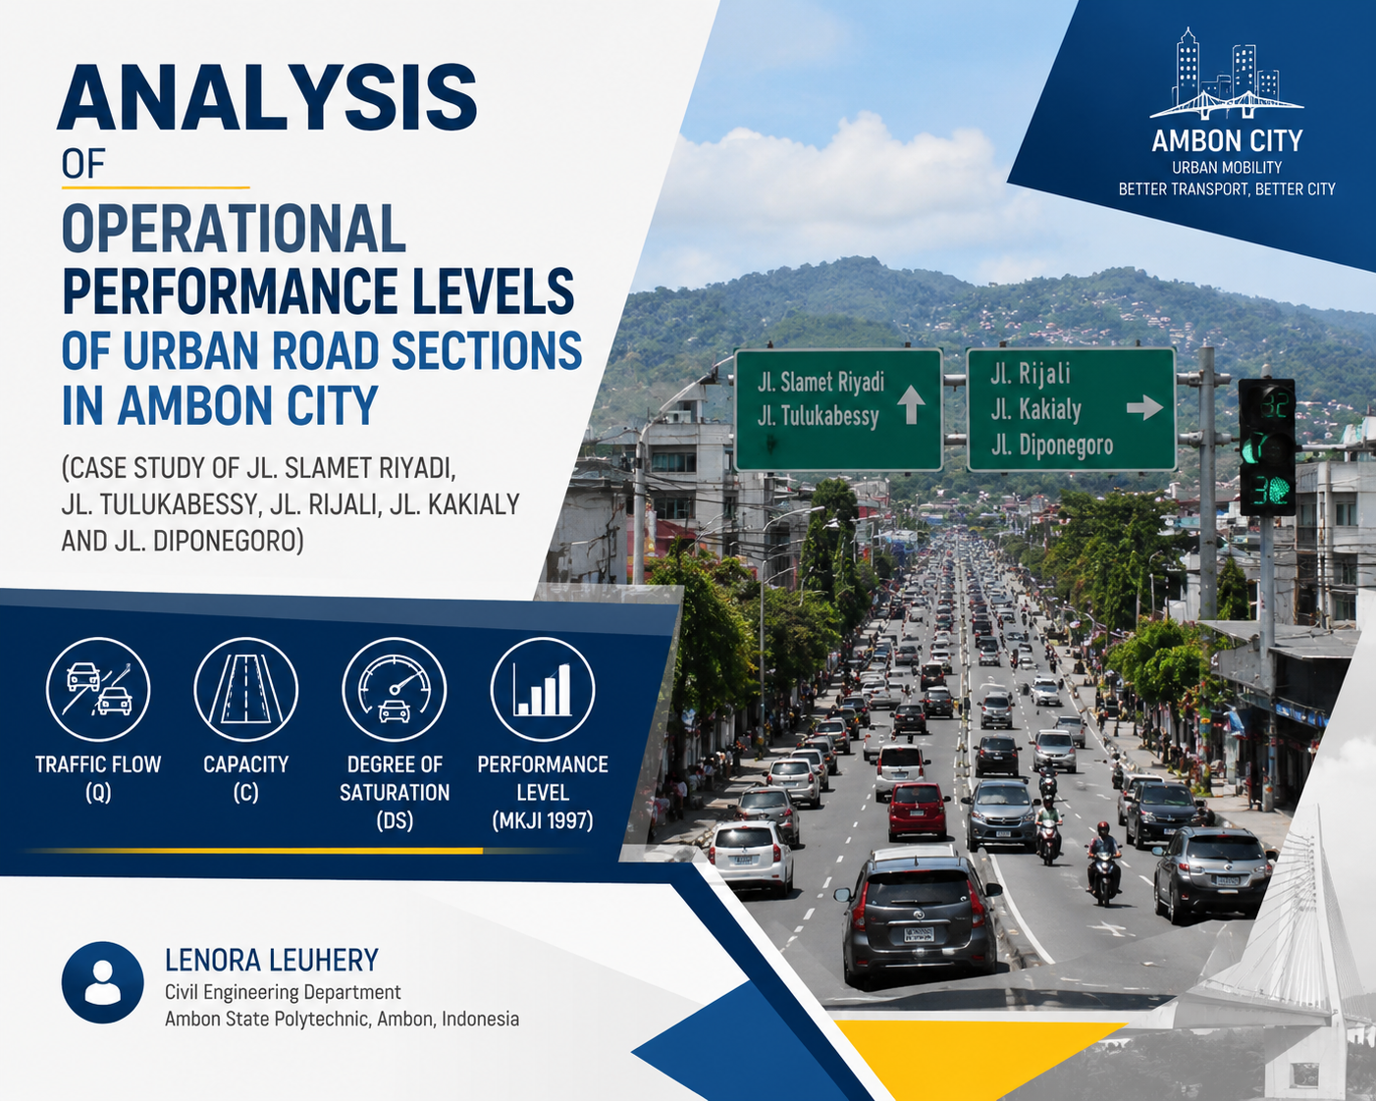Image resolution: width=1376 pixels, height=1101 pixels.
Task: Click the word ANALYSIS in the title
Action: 267,97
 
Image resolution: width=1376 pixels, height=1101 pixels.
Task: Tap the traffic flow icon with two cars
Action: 98,690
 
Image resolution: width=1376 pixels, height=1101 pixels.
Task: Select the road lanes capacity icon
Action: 245,690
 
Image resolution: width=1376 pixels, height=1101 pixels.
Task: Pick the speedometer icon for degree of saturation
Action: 394,690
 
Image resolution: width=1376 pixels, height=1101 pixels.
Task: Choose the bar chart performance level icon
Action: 542,690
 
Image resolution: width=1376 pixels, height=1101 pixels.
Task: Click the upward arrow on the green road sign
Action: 911,405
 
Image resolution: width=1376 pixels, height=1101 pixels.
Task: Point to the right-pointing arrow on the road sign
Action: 1144,407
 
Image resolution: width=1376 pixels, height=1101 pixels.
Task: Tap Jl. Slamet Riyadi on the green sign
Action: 820,382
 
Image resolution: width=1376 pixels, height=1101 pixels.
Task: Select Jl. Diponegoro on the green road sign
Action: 1052,446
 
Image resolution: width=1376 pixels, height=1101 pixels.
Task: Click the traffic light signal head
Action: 1267,446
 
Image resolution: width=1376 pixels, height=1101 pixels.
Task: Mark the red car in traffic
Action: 919,811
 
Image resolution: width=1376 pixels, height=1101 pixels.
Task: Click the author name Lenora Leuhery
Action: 272,961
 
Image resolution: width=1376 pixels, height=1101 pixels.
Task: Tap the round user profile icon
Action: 102,982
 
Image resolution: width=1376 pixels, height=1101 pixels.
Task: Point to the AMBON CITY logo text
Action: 1227,141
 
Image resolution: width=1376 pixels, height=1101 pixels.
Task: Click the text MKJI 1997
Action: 542,820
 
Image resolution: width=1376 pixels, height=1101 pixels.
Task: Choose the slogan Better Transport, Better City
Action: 1227,189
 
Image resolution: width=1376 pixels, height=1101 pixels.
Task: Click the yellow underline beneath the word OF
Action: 155,188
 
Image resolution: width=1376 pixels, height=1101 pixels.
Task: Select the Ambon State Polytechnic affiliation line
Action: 343,1019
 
